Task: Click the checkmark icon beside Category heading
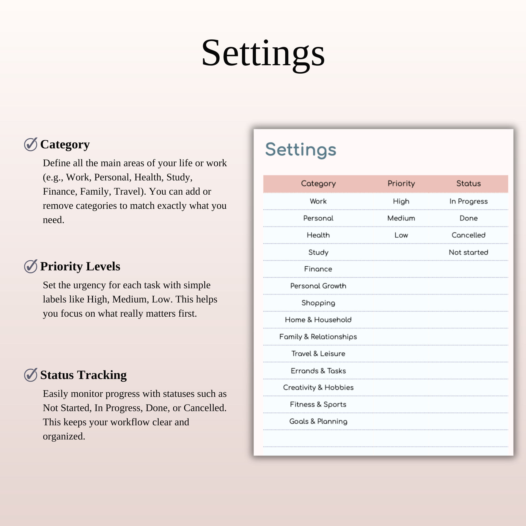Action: coord(31,144)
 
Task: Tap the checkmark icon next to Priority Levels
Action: coord(31,266)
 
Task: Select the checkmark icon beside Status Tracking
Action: coord(31,375)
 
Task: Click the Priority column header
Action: coord(401,184)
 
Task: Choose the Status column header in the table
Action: coord(468,184)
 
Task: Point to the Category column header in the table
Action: coord(318,184)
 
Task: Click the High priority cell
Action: coord(401,201)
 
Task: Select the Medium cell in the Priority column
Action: coord(401,218)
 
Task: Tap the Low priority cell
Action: coord(401,235)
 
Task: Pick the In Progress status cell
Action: coord(468,201)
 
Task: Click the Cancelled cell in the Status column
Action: coord(468,235)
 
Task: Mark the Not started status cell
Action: coord(468,252)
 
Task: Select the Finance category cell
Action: coord(318,269)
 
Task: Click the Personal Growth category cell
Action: coord(318,286)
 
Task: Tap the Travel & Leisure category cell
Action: coord(318,354)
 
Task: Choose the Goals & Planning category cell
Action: coord(318,421)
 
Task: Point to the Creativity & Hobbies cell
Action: coord(318,387)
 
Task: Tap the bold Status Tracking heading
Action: coord(83,375)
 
